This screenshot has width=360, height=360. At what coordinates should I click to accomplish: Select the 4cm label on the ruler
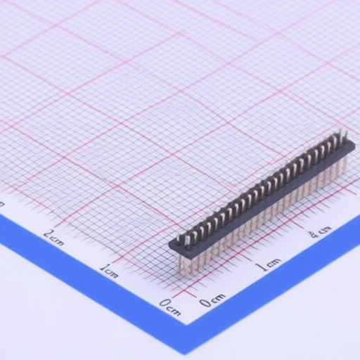click(320, 231)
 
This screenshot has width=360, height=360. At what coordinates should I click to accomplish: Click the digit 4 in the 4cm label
click(314, 234)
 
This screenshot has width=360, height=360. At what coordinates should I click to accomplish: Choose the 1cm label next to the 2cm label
click(109, 271)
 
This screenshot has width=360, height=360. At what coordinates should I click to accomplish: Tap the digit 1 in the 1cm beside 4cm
click(261, 267)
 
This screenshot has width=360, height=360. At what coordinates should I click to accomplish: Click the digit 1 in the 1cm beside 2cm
click(104, 268)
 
